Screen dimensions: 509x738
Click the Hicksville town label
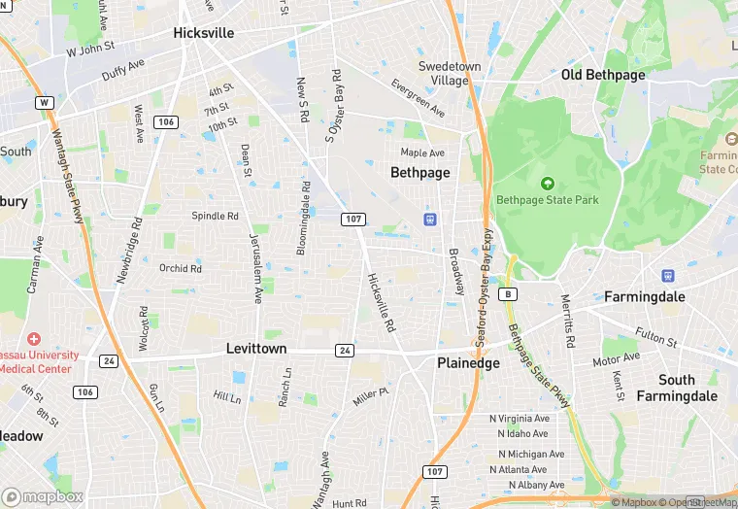point(204,32)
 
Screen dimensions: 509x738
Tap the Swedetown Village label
point(449,73)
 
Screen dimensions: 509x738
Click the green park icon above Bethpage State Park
point(547,183)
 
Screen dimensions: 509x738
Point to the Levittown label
point(256,348)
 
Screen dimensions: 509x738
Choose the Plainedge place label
point(468,362)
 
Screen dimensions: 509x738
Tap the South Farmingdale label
point(677,388)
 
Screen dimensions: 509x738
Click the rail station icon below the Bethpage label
point(428,219)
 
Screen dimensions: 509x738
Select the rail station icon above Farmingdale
point(667,276)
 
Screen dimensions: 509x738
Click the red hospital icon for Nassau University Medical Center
point(34,339)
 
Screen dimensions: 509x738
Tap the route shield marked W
point(44,102)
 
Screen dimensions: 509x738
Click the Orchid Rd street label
point(181,268)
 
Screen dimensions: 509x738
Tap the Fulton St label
point(657,339)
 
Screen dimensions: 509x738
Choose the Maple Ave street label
point(422,153)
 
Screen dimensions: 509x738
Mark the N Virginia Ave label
point(519,419)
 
